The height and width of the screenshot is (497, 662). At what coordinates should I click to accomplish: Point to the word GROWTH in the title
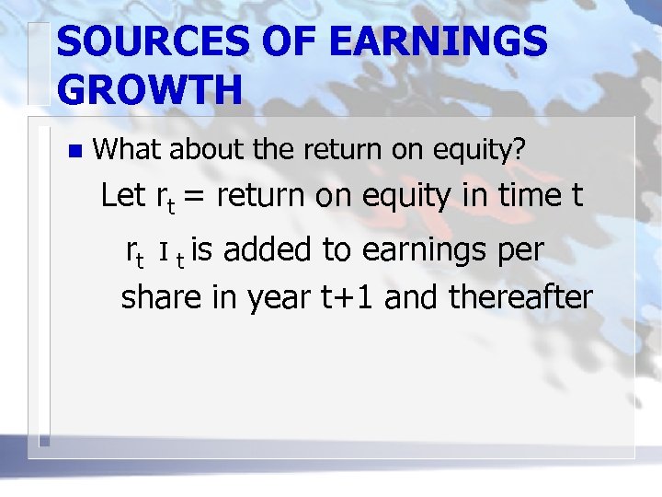pyautogui.click(x=149, y=90)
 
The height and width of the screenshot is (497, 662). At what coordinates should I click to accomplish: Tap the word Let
pyautogui.click(x=122, y=195)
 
